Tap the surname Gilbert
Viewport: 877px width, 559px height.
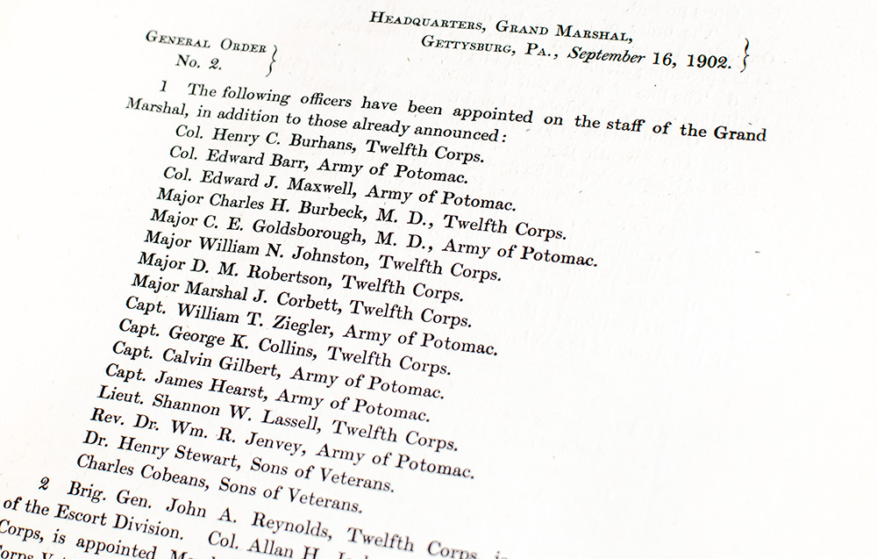[254, 366]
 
